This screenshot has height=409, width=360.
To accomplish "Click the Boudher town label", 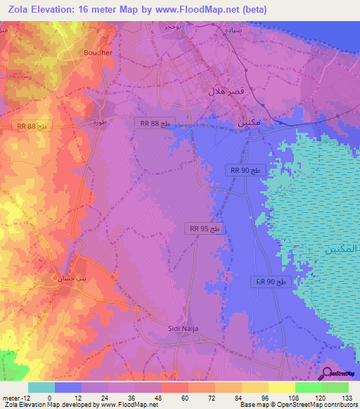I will [98, 52].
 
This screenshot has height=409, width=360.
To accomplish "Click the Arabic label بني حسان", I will [71, 278].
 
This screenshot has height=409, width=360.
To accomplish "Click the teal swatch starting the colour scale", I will [41, 387].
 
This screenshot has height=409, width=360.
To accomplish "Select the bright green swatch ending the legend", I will [335, 387].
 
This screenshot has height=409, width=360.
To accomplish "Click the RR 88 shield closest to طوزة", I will [155, 123].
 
